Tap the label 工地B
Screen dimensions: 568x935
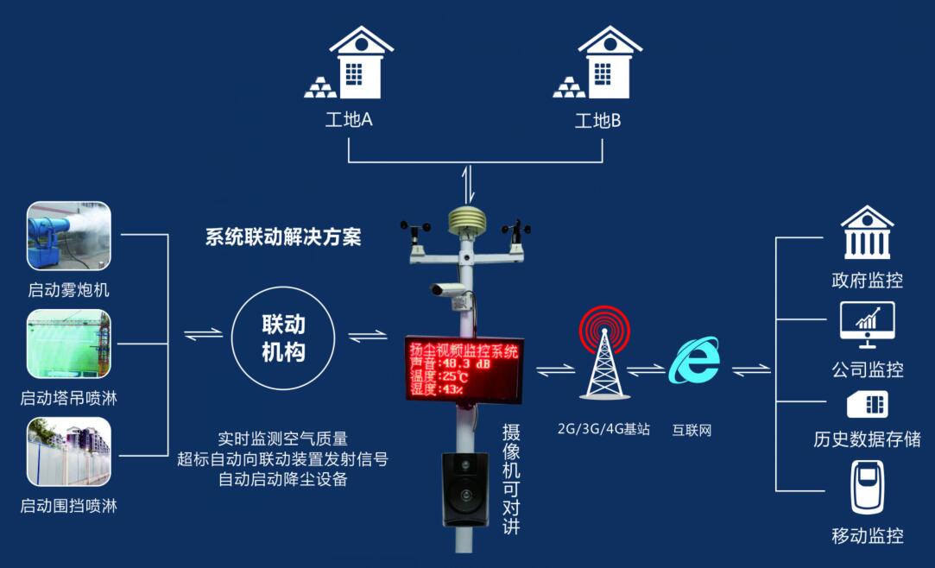tap(598, 120)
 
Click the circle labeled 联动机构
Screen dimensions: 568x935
tap(283, 338)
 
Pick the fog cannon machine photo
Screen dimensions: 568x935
tap(69, 236)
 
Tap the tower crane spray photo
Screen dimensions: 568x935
tap(69, 344)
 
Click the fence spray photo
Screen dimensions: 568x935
tap(69, 451)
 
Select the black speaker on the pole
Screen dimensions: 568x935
tap(465, 489)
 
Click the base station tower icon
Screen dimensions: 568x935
tap(604, 355)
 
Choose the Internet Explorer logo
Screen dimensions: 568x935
tap(695, 360)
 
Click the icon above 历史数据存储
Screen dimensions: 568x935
tap(867, 403)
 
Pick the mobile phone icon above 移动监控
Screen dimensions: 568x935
tap(867, 488)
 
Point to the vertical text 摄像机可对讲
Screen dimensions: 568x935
tap(511, 478)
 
